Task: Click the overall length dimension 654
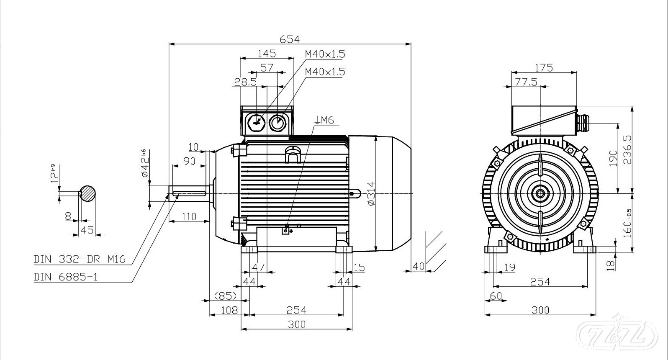(x=290, y=39)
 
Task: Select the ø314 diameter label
(x=370, y=193)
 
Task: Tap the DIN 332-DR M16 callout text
(x=80, y=260)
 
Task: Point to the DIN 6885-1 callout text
(x=66, y=277)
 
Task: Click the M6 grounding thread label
(x=324, y=121)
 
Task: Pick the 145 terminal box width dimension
(x=267, y=53)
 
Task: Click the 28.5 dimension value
(x=245, y=82)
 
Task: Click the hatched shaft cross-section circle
(x=87, y=193)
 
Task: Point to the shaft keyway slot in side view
(x=189, y=193)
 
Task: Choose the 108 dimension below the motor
(x=229, y=310)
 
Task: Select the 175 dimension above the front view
(x=544, y=67)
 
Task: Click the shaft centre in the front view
(x=540, y=193)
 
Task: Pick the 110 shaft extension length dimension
(x=189, y=217)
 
